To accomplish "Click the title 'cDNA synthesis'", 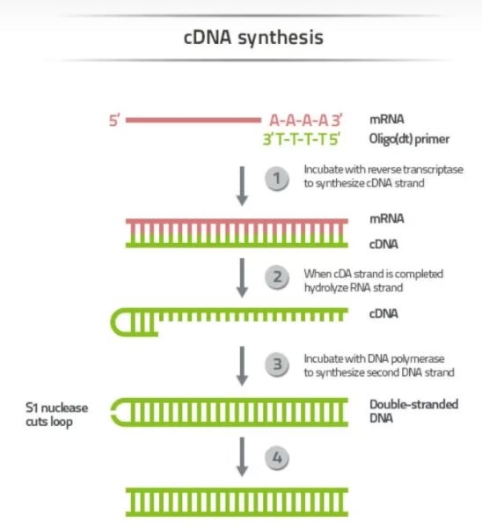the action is (x=253, y=38).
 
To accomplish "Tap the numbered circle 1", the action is (x=277, y=179).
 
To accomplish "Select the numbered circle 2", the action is (x=277, y=277).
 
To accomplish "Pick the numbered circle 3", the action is (x=277, y=364).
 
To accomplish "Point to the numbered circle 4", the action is (x=277, y=459).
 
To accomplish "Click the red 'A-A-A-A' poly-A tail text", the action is (x=299, y=121).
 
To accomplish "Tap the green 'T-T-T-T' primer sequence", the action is (x=303, y=139).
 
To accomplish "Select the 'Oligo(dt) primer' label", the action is (x=409, y=139).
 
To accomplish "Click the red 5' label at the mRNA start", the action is (x=114, y=121).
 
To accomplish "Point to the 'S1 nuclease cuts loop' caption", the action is (x=56, y=415).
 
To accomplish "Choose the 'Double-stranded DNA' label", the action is (x=413, y=411).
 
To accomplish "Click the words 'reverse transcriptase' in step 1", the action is (x=413, y=169).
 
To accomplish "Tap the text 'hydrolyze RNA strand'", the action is (x=354, y=288).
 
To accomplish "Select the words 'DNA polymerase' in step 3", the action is (x=405, y=358).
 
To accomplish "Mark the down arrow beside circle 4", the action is (x=242, y=457).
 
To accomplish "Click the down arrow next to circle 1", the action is (x=242, y=186).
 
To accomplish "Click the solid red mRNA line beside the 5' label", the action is (x=194, y=120).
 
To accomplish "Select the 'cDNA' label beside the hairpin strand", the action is (x=383, y=313).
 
